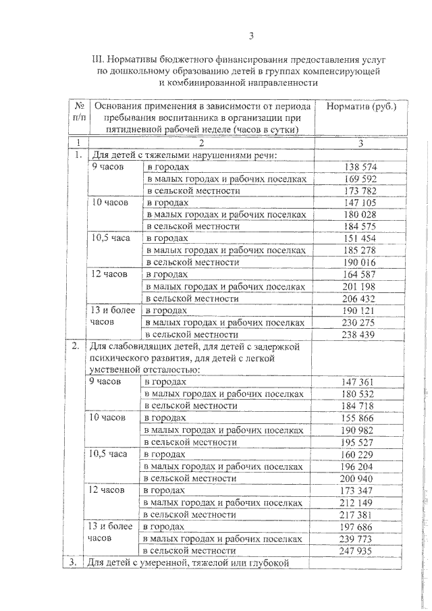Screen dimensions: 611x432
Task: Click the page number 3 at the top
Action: point(250,36)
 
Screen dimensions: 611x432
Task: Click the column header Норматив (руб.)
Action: point(361,107)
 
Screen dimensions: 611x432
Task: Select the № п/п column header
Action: point(79,112)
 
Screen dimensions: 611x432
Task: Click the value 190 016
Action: point(360,262)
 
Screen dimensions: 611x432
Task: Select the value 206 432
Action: point(360,298)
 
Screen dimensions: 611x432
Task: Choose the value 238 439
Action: point(360,334)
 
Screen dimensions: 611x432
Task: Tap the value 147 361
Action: point(360,382)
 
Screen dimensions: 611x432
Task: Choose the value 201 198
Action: point(360,286)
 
